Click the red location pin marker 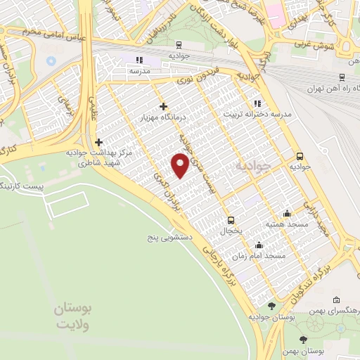tap(181, 166)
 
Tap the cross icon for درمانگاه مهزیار tap(164, 106)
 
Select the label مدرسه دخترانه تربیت tap(257, 113)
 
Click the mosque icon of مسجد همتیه tap(287, 213)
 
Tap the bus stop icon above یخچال tap(229, 220)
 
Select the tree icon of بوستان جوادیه tap(272, 306)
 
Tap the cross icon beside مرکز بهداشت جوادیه tap(99, 142)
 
